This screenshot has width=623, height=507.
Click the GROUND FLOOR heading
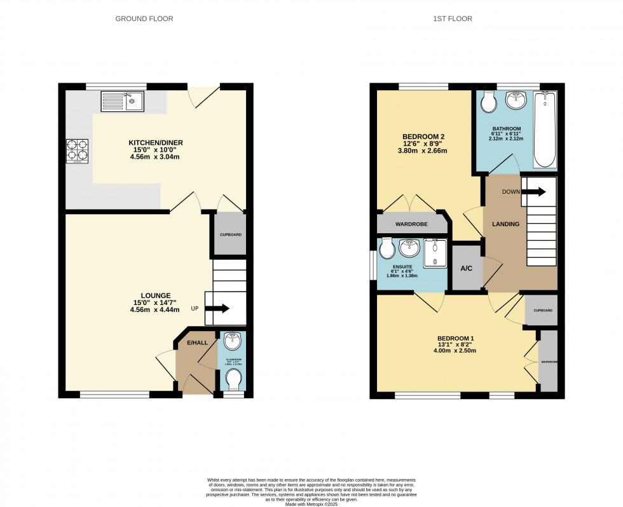click(144, 19)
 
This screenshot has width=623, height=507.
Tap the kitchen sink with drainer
click(122, 100)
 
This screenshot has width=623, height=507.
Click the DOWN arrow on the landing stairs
click(533, 192)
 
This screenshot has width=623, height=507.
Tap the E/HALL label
click(197, 343)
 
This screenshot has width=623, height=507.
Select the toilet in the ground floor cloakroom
click(234, 381)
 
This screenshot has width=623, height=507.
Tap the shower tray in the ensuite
click(435, 252)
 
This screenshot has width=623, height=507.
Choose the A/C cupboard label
click(466, 268)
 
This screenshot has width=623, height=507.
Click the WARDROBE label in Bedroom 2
click(411, 225)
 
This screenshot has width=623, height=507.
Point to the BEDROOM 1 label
click(455, 339)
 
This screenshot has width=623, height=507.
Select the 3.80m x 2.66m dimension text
click(423, 151)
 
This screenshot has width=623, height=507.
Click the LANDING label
click(506, 224)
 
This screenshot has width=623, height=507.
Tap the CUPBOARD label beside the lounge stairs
click(230, 234)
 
